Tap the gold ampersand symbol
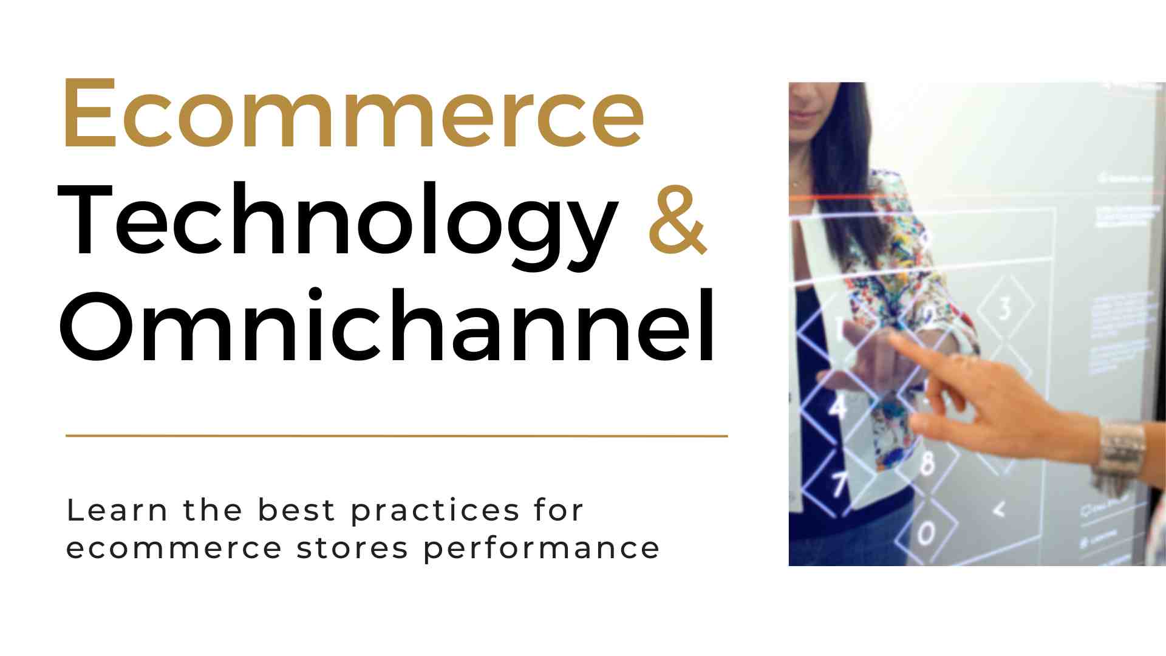677,220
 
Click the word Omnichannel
387,328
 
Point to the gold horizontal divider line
396,436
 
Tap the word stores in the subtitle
352,548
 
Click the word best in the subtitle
296,510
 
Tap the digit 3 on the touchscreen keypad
1005,309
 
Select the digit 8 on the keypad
927,463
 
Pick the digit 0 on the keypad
926,534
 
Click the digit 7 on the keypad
839,484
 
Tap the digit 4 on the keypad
838,406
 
